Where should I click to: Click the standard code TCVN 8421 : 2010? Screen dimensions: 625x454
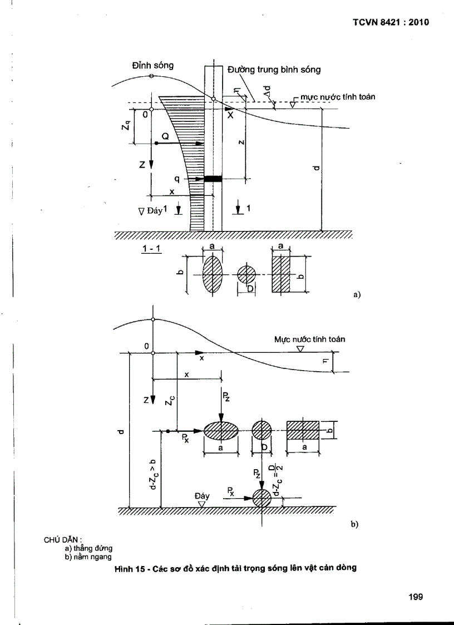[392, 23]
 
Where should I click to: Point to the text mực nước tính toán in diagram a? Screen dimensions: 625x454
[337, 97]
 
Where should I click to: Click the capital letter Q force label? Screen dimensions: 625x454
[165, 135]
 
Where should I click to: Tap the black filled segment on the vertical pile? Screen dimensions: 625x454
[213, 179]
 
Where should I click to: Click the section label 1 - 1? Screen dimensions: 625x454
[151, 248]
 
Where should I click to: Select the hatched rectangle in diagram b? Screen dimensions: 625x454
[303, 430]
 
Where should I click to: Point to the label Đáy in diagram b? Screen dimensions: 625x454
[202, 495]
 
